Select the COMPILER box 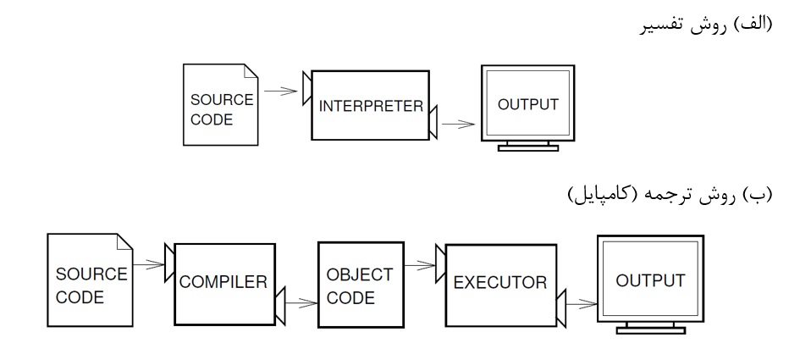(x=225, y=282)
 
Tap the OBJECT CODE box (x=360, y=286)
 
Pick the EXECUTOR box (x=499, y=282)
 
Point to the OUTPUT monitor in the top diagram (x=527, y=105)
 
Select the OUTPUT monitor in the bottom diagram (x=648, y=280)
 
